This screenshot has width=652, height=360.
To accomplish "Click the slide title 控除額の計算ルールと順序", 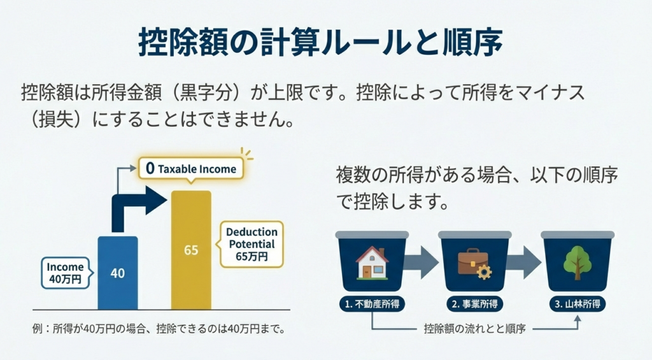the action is (x=320, y=41).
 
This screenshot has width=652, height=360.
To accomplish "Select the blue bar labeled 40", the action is (x=118, y=273).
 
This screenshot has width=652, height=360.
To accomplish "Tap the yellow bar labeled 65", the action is (x=191, y=250).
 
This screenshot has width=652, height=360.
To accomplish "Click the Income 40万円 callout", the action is (x=66, y=273).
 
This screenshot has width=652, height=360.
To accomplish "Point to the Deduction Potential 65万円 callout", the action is (x=252, y=244).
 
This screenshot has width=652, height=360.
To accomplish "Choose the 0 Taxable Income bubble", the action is (x=191, y=169).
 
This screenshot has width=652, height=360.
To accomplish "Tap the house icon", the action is (x=372, y=263).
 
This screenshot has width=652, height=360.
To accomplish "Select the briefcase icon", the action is (x=474, y=263).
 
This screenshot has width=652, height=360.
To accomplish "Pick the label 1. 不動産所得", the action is (x=372, y=304).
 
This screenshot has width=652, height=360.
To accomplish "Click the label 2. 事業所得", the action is (x=474, y=304).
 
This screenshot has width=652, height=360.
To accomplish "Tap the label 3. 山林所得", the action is (x=577, y=304).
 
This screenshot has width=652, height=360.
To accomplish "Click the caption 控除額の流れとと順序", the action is (x=475, y=329).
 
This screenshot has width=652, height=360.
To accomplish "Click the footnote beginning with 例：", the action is (x=159, y=329).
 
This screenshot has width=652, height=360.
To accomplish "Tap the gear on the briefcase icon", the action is (x=484, y=272).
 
